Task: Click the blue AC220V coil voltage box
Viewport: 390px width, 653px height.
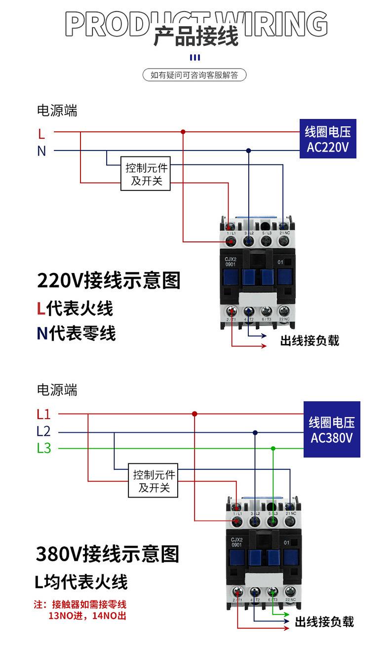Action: tap(328, 140)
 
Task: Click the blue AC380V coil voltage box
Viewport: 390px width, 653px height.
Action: tap(331, 429)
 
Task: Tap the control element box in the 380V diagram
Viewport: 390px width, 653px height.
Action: tap(154, 481)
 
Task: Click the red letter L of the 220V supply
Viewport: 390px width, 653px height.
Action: tap(41, 133)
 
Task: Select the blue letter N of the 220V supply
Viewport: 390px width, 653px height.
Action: tap(41, 151)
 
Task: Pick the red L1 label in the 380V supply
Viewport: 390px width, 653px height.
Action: tap(43, 415)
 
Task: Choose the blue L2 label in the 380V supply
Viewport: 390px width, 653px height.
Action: tap(43, 432)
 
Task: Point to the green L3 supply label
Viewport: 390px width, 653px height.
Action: tap(43, 449)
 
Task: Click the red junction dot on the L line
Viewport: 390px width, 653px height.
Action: tap(183, 132)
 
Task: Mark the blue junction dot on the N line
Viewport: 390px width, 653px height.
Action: tap(249, 151)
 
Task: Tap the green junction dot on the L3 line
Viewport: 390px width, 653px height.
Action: tap(273, 448)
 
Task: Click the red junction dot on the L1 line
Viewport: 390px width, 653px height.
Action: tap(195, 414)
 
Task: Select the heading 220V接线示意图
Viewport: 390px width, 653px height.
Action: tap(109, 280)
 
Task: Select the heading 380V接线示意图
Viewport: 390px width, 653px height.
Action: tap(108, 554)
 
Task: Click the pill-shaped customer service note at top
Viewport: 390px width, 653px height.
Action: tap(195, 75)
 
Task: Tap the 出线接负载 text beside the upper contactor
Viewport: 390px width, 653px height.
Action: tap(310, 341)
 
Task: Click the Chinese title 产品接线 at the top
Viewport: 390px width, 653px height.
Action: tap(196, 36)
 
